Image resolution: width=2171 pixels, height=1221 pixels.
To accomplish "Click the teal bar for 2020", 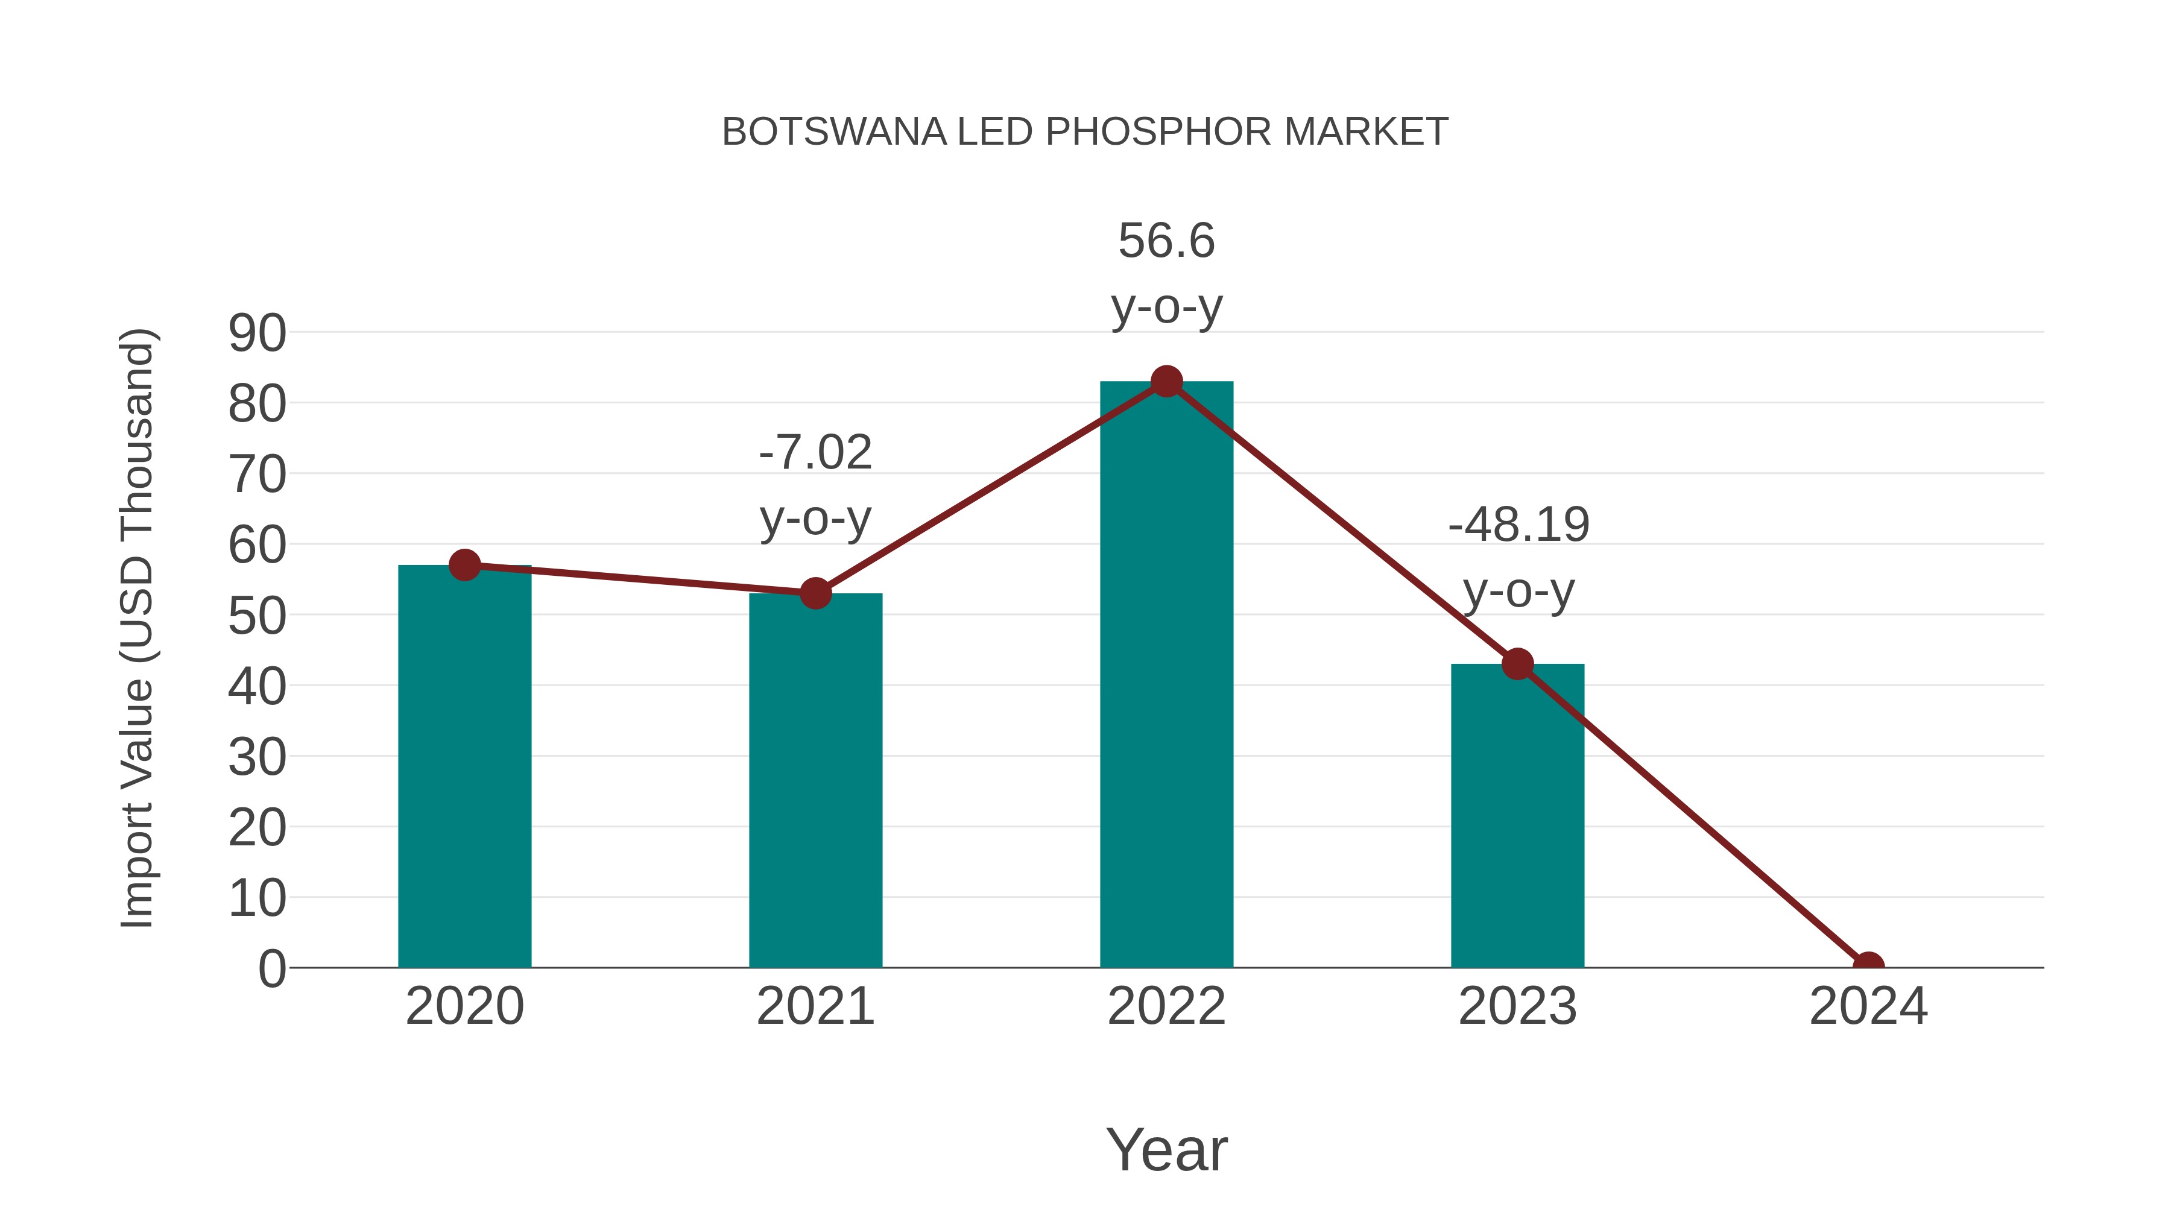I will pyautogui.click(x=464, y=767).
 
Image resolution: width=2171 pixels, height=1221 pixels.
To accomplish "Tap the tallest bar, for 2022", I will pyautogui.click(x=1166, y=674).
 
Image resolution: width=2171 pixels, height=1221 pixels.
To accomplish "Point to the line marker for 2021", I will pyautogui.click(x=815, y=594).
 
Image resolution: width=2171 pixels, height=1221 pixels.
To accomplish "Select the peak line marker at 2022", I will pyautogui.click(x=1166, y=382).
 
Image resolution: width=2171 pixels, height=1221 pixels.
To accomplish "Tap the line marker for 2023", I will pyautogui.click(x=1517, y=664).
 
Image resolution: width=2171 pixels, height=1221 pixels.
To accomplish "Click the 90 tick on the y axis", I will pyautogui.click(x=257, y=333).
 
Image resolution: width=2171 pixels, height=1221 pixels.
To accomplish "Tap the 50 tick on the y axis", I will pyautogui.click(x=257, y=617).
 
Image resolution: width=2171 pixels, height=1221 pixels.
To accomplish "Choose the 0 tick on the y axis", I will pyautogui.click(x=271, y=969).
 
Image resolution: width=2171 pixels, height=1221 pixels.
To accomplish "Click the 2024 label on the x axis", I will pyautogui.click(x=1868, y=1007).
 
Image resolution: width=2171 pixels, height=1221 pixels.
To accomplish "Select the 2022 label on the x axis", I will pyautogui.click(x=1166, y=1007).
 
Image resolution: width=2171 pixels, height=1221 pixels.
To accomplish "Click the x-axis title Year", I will pyautogui.click(x=1166, y=1150).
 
